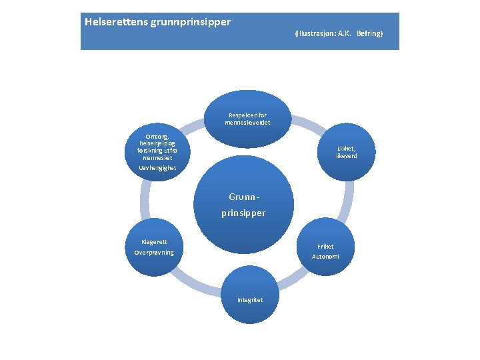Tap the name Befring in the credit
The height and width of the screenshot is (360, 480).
pyautogui.click(x=369, y=33)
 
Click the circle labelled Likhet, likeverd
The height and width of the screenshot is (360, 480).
pyautogui.click(x=347, y=152)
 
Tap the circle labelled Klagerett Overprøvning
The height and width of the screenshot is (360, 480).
pyautogui.click(x=154, y=247)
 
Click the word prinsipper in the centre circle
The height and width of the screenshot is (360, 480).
pyautogui.click(x=243, y=213)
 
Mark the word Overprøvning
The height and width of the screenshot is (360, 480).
pyautogui.click(x=154, y=253)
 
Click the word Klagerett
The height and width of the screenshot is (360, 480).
pyautogui.click(x=154, y=241)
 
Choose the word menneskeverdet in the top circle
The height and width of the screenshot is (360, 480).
pyautogui.click(x=247, y=123)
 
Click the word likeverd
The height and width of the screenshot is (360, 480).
pyautogui.click(x=347, y=156)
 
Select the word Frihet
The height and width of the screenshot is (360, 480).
pyautogui.click(x=325, y=246)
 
